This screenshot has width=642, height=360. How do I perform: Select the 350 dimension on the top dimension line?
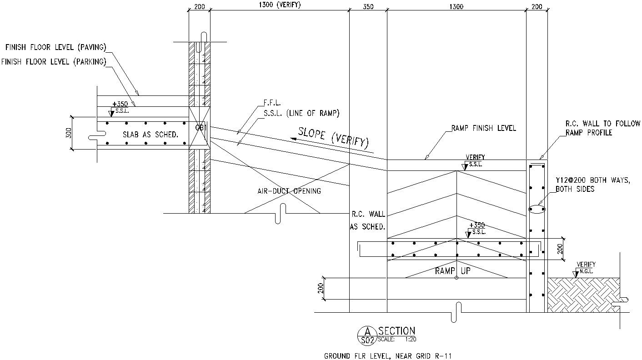click(x=368, y=6)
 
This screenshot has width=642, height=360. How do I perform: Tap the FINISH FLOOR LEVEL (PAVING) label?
click(x=55, y=47)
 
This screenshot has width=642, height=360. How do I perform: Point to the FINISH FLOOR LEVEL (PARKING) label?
click(x=54, y=62)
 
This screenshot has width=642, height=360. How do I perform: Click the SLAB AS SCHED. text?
click(x=150, y=135)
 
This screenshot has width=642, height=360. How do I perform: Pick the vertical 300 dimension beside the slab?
click(x=68, y=132)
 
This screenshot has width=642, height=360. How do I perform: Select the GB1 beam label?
click(x=201, y=128)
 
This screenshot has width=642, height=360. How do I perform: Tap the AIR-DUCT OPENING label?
click(x=289, y=191)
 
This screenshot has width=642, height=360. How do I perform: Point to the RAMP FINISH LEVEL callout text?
click(x=483, y=128)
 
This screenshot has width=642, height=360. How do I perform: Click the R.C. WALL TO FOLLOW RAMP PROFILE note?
click(x=602, y=128)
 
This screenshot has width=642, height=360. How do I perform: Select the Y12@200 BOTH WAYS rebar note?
click(x=592, y=185)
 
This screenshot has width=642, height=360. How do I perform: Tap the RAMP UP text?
click(x=452, y=271)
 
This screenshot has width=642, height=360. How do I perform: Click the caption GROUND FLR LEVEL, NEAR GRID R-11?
click(x=388, y=355)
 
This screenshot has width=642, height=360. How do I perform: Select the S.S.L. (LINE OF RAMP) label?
click(x=301, y=113)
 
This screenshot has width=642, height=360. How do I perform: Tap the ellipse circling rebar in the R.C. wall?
click(x=537, y=209)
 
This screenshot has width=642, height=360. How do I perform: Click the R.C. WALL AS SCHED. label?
click(x=367, y=220)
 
